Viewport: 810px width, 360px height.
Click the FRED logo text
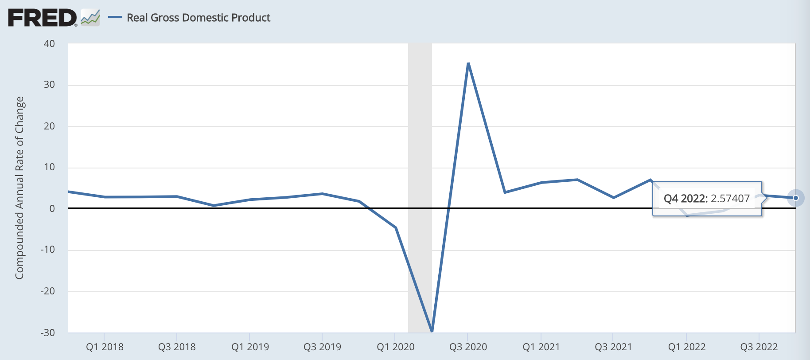pyautogui.click(x=42, y=18)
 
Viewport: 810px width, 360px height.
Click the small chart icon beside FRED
pyautogui.click(x=90, y=18)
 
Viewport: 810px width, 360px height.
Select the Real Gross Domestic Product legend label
pyautogui.click(x=198, y=18)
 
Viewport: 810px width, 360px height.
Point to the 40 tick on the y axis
pyautogui.click(x=49, y=43)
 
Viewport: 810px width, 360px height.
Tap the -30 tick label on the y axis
pyautogui.click(x=48, y=333)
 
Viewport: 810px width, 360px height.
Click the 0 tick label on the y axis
pyautogui.click(x=52, y=208)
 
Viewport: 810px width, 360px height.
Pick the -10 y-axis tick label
pyautogui.click(x=48, y=250)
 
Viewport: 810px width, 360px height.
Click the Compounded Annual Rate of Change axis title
pyautogui.click(x=19, y=188)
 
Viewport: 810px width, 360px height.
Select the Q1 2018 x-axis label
pyautogui.click(x=105, y=347)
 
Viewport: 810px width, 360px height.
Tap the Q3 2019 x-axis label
pyautogui.click(x=322, y=347)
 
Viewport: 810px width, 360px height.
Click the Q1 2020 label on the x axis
pyautogui.click(x=395, y=347)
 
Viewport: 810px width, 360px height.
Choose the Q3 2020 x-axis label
pyautogui.click(x=468, y=347)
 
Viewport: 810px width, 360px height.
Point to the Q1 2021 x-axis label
pyautogui.click(x=541, y=347)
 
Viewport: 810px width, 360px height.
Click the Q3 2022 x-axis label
pyautogui.click(x=759, y=347)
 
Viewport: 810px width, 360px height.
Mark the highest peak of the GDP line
pyautogui.click(x=468, y=63)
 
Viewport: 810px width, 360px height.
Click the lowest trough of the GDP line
pyautogui.click(x=432, y=331)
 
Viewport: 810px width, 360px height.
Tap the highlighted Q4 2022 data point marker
pyautogui.click(x=796, y=198)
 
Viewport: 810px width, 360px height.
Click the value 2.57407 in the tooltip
pyautogui.click(x=730, y=198)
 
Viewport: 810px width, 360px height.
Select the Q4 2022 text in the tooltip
pyautogui.click(x=685, y=198)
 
